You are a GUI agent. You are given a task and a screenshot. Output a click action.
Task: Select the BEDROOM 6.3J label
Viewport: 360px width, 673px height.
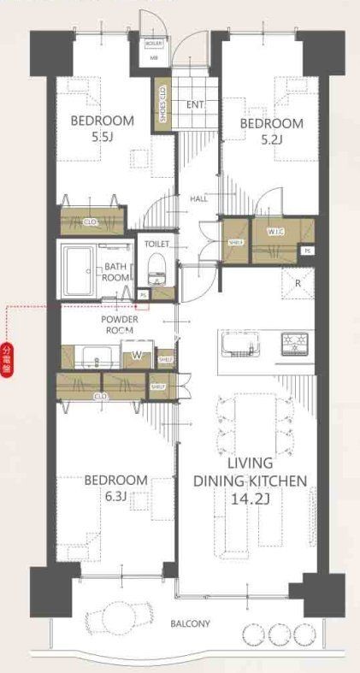pos(115,487)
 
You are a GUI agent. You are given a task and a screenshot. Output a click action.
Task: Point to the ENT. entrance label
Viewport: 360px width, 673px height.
pos(193,104)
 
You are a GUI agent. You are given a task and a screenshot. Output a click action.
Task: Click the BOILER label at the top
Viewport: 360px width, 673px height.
pos(154,43)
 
